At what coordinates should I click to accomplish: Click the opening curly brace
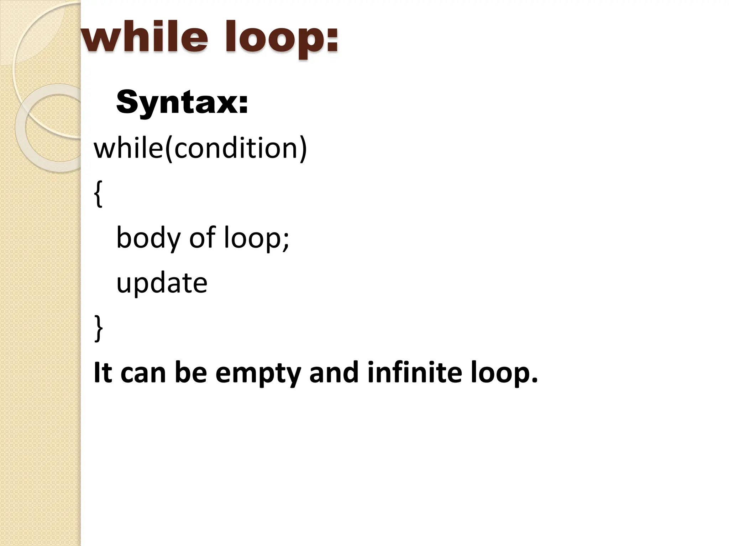click(x=99, y=193)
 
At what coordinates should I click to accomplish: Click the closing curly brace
click(x=99, y=328)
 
